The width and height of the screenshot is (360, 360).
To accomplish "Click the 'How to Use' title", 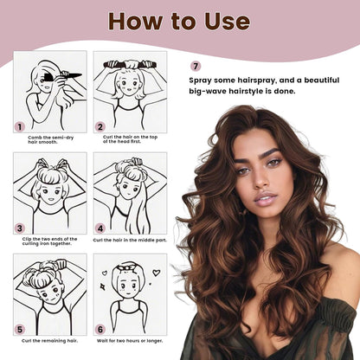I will click(179, 22).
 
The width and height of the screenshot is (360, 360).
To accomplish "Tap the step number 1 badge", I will click(19, 125).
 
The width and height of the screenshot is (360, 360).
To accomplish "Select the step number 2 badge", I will click(100, 125).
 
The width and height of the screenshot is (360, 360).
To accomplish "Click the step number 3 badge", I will click(19, 228).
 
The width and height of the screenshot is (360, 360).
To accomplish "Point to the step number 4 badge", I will click(100, 228).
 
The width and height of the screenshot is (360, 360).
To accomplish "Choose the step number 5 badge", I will click(19, 329).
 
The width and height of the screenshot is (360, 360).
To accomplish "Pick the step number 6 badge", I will click(100, 329).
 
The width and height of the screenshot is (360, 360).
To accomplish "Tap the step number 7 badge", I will click(196, 66).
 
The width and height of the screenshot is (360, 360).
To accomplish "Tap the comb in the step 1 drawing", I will click(66, 75).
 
